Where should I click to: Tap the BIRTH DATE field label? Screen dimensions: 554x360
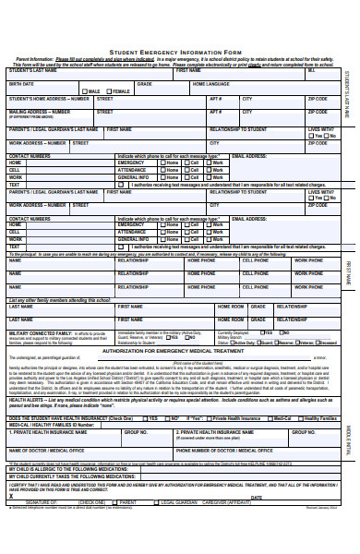click(x=21, y=83)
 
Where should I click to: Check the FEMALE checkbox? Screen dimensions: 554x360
click(x=109, y=91)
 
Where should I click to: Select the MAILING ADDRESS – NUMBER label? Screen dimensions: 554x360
click(x=38, y=112)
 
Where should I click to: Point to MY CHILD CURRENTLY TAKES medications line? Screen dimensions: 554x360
click(x=73, y=477)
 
